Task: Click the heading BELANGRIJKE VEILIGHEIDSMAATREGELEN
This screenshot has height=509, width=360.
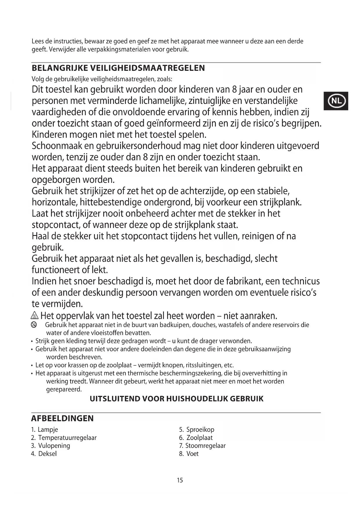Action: (118, 68)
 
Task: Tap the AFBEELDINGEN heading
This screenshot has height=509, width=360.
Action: (62, 418)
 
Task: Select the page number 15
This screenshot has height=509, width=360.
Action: (180, 480)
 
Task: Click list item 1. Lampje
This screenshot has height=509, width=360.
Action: (45, 429)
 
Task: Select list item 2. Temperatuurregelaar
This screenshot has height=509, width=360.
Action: (64, 438)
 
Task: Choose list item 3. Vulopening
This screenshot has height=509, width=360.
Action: (51, 445)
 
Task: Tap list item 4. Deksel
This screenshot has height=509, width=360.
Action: (44, 454)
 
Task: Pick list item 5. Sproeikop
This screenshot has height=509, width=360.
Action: (197, 429)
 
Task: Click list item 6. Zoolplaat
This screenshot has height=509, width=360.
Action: (196, 438)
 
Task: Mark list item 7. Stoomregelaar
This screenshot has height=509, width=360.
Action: (202, 445)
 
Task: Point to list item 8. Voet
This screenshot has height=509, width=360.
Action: (189, 454)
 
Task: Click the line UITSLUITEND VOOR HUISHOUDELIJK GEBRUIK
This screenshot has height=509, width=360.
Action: (176, 399)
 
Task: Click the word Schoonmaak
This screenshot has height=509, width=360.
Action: (57, 146)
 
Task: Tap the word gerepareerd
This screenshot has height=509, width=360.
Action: (64, 389)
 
